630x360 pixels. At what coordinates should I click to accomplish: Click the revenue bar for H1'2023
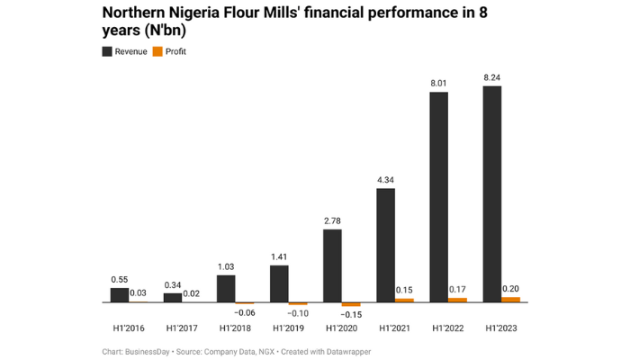pyautogui.click(x=492, y=193)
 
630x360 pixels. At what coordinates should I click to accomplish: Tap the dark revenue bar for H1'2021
pyautogui.click(x=385, y=245)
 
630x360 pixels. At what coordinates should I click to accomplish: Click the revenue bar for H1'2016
pyautogui.click(x=120, y=294)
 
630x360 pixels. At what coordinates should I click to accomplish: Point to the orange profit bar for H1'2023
pyautogui.click(x=511, y=299)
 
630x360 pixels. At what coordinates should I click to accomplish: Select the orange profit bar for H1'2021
pyautogui.click(x=404, y=300)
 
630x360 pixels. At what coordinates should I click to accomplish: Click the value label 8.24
pyautogui.click(x=492, y=77)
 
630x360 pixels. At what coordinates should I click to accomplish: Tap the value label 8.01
pyautogui.click(x=438, y=84)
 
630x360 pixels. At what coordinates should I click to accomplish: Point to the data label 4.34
pyautogui.click(x=385, y=180)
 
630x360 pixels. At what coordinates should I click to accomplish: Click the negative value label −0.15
pyautogui.click(x=351, y=314)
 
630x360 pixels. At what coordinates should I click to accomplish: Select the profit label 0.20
pyautogui.click(x=511, y=288)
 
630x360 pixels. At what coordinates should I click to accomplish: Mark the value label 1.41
pyautogui.click(x=279, y=256)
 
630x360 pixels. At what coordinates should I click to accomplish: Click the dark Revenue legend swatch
pyautogui.click(x=107, y=52)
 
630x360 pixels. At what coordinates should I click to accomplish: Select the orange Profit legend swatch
pyautogui.click(x=157, y=52)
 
